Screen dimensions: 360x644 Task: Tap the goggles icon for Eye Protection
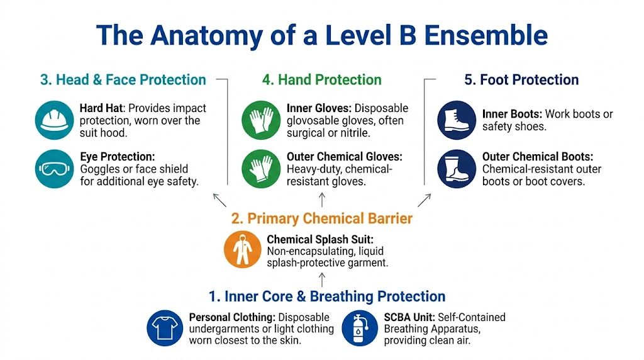point(55,169)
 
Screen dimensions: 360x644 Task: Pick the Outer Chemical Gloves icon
point(261,169)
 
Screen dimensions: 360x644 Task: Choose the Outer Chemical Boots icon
point(457,169)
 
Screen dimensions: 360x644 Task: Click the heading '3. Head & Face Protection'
point(123,80)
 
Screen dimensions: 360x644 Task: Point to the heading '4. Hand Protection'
point(321,80)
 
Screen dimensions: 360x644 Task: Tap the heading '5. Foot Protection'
point(521,80)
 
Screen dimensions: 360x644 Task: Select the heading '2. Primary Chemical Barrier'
point(321,218)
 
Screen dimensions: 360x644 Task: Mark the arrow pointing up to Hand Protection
point(322,200)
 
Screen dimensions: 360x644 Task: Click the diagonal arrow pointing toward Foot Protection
point(425,200)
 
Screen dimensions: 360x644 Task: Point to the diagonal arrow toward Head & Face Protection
point(219,200)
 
